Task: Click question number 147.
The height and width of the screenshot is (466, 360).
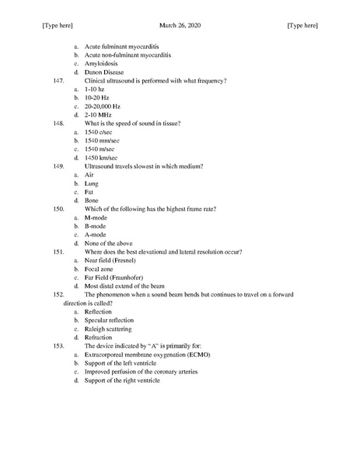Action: [58, 80]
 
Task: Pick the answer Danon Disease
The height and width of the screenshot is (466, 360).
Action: [107, 72]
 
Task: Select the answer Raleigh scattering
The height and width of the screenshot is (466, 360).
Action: [109, 328]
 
